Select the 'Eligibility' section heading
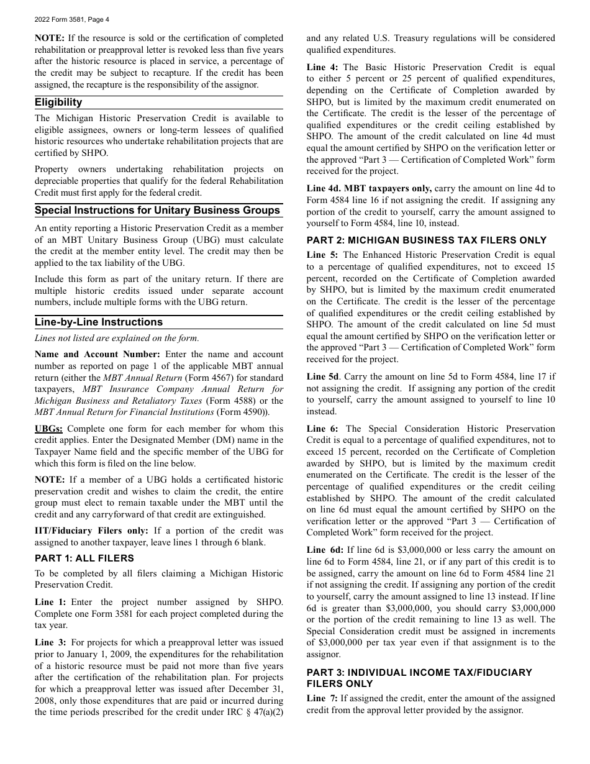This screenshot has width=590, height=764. pyautogui.click(x=58, y=102)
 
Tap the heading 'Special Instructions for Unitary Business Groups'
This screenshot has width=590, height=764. pyautogui.click(x=157, y=210)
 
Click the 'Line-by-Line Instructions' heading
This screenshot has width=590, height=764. pyautogui.click(x=99, y=322)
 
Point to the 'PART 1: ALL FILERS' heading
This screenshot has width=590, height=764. pyautogui.click(x=84, y=558)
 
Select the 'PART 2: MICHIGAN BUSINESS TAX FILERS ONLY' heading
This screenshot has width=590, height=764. pyautogui.click(x=427, y=240)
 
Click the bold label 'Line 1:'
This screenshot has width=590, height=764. pyautogui.click(x=50, y=602)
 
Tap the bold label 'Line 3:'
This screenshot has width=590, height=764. pyautogui.click(x=50, y=642)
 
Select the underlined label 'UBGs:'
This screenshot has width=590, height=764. pyautogui.click(x=48, y=429)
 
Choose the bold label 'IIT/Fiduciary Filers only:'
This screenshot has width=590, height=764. pyautogui.click(x=91, y=530)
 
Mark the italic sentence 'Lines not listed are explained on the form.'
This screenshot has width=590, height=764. pyautogui.click(x=117, y=339)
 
